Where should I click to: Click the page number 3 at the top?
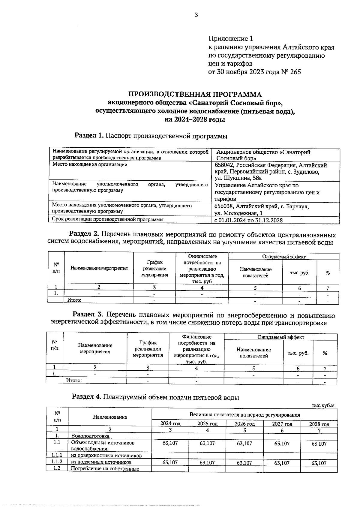[196, 15]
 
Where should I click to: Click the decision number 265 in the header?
[295, 72]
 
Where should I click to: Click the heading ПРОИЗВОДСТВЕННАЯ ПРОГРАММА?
[195, 95]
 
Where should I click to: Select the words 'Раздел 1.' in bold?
[89, 136]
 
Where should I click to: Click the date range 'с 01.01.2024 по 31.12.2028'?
[248, 220]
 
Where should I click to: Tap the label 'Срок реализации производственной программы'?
[108, 219]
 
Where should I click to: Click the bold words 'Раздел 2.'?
[84, 234]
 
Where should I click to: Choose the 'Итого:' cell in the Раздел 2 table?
[74, 300]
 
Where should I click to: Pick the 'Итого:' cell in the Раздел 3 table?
[74, 380]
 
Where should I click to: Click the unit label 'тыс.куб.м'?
[323, 405]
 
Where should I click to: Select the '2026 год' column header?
[244, 424]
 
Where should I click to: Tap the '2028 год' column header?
[319, 424]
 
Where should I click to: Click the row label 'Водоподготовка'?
[90, 436]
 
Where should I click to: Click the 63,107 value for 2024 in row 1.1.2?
[170, 462]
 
